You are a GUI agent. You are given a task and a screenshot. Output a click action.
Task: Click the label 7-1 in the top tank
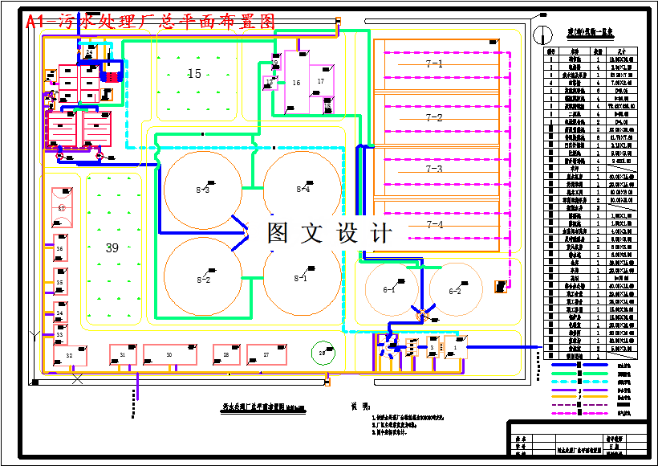coord(434,63)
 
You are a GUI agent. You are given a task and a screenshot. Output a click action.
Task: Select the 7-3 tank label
coord(434,170)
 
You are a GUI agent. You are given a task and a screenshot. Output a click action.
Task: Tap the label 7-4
coord(434,224)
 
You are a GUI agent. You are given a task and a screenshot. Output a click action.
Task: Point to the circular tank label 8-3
coord(203,190)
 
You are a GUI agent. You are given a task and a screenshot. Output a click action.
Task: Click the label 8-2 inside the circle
coord(203,280)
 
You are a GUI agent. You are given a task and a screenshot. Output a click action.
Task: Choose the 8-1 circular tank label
coord(301,279)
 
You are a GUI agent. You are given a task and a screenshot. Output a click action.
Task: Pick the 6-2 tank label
coord(455,291)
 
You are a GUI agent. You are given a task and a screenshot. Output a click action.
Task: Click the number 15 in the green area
coord(194,74)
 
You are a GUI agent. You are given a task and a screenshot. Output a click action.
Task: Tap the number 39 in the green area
coord(112,248)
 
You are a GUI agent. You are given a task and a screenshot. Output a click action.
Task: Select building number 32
coord(70,354)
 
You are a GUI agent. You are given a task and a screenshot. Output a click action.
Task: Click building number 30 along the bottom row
coord(169,354)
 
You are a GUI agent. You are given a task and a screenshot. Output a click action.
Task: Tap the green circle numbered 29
coord(323,352)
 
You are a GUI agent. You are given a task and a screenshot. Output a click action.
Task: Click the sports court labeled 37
coord(62,207)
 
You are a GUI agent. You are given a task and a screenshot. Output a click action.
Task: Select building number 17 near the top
coord(321,81)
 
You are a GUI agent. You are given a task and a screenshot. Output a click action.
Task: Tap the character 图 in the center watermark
coord(278,233)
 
